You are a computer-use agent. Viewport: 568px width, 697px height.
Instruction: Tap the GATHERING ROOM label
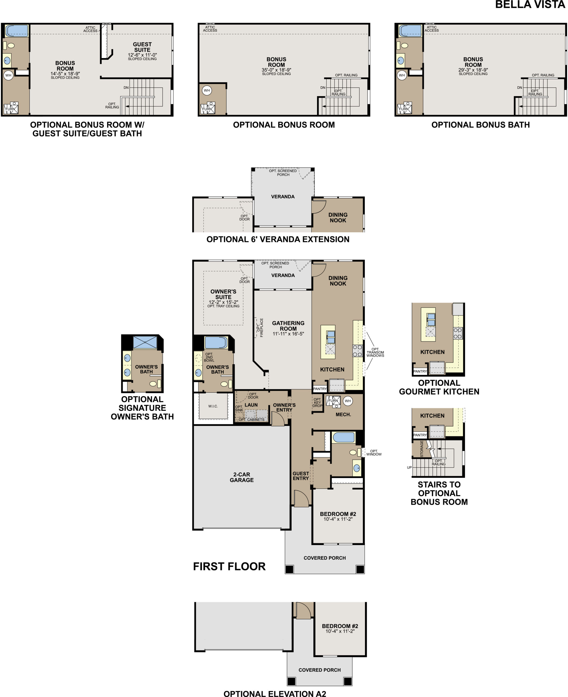(288, 326)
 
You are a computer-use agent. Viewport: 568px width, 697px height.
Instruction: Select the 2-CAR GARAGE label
(241, 477)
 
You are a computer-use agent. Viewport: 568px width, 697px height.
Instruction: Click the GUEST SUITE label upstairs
(142, 47)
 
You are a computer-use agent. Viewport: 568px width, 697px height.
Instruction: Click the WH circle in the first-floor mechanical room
(347, 401)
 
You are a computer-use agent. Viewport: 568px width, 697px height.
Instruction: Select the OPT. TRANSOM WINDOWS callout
(375, 353)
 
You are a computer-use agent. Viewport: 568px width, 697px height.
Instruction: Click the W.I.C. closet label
(213, 406)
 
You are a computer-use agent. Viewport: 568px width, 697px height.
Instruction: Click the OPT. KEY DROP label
(317, 402)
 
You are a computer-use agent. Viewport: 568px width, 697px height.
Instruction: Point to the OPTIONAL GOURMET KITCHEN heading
(439, 387)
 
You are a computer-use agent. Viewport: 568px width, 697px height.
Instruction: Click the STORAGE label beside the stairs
(422, 449)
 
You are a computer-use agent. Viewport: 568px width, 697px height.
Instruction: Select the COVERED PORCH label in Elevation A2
(319, 670)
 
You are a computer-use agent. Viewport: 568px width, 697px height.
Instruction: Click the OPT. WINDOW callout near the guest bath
(374, 453)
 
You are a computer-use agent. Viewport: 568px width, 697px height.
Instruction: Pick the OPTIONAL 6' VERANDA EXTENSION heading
(278, 239)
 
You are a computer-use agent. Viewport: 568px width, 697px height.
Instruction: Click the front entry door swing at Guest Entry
(301, 498)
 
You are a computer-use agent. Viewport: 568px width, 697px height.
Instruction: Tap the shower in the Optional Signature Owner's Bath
(145, 342)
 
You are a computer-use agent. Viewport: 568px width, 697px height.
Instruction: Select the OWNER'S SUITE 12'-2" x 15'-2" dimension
(223, 302)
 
